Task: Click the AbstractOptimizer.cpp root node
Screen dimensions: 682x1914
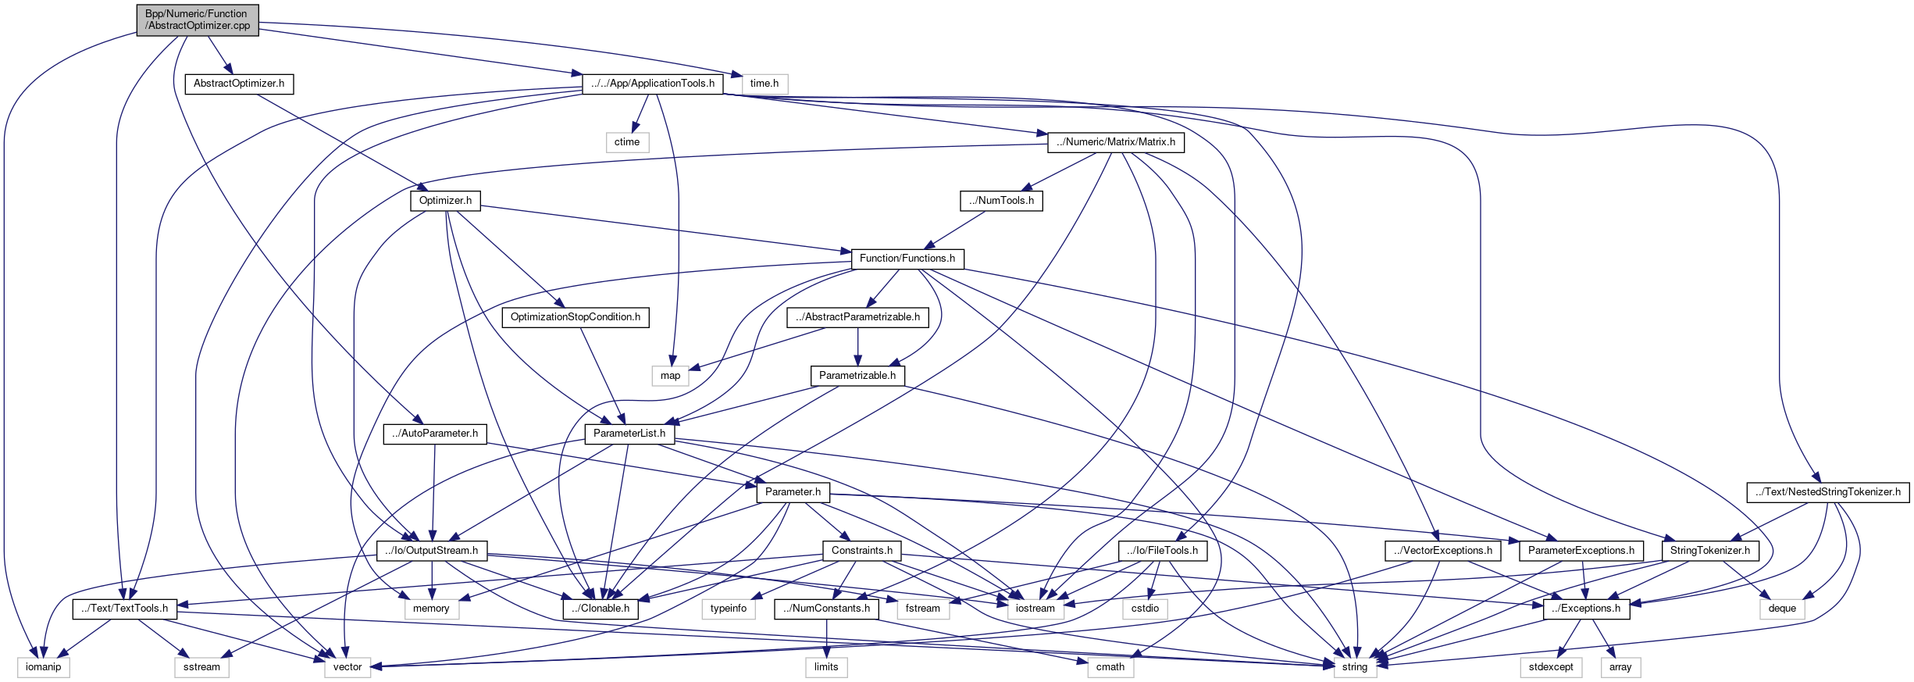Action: point(197,20)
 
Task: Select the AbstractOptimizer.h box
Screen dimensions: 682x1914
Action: point(238,84)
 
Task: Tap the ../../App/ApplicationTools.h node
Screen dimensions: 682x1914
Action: point(652,84)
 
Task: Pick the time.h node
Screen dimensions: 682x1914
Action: point(764,84)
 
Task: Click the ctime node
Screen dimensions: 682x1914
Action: point(626,142)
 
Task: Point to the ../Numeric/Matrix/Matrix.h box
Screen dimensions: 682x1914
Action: point(1115,142)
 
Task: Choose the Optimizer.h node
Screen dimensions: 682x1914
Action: point(445,201)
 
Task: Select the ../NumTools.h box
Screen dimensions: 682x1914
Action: point(1001,201)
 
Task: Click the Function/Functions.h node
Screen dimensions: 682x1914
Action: point(907,259)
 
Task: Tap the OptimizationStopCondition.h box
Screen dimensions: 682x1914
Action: point(575,317)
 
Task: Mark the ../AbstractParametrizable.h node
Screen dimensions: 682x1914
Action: point(857,317)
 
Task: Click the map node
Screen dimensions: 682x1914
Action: point(670,376)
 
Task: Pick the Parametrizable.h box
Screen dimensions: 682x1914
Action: point(857,376)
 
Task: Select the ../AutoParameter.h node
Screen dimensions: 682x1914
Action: point(435,434)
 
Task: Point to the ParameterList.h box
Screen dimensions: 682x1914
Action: point(629,434)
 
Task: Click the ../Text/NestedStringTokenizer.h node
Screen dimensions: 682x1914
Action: point(1827,492)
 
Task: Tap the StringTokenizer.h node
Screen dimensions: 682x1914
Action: point(1709,551)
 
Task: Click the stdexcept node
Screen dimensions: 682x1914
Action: point(1551,667)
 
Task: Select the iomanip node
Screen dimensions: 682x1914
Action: point(43,667)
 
